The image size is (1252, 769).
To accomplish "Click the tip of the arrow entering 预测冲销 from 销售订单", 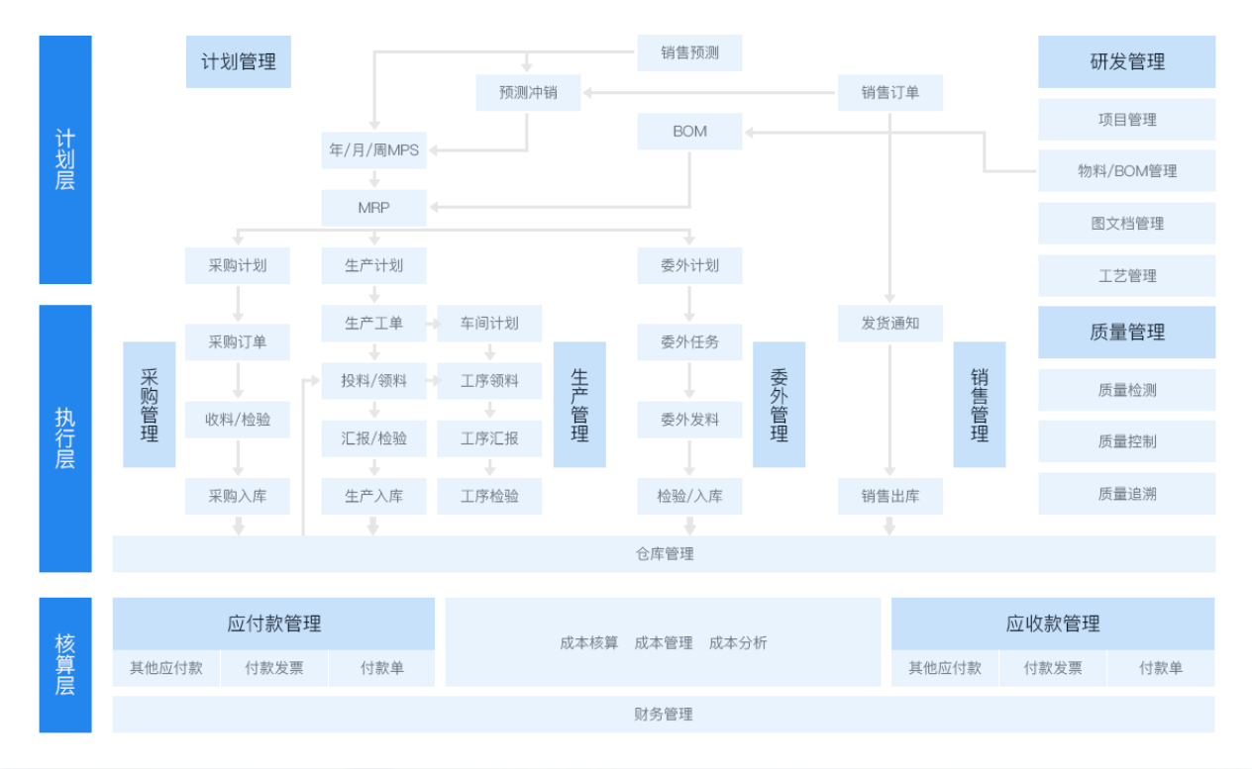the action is pos(583,93).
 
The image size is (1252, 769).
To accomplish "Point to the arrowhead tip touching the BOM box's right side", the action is pos(745,133).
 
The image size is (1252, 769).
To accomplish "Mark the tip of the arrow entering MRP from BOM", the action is pos(429,207).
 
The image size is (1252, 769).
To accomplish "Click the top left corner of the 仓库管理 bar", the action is pos(113,536).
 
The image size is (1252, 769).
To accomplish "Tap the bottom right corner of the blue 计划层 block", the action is pos(92,284).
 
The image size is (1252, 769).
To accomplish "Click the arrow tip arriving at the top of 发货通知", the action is pos(889,303).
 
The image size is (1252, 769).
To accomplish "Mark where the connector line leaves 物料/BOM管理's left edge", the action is pos(1038,171).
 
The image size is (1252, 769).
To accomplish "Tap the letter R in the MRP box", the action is pos(374,208).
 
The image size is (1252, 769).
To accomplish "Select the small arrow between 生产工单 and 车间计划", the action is pos(433,324).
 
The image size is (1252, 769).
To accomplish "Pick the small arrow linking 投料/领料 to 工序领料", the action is pos(433,381).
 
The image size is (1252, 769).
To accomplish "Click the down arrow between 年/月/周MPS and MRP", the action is pos(374,179).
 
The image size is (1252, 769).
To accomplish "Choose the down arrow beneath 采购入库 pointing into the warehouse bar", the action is pos(238,526).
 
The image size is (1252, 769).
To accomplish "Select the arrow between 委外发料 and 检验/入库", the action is pos(689,458).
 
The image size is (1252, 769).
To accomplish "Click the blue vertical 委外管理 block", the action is pos(779,405).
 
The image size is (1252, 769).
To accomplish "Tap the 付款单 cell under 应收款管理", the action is pos(1161,668).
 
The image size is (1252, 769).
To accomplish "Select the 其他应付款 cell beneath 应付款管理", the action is pos(166,668).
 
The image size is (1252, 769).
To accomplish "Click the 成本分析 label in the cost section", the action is pos(738,642).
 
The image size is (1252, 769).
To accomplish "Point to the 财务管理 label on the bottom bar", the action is pos(664,715).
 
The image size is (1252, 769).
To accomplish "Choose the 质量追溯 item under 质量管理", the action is pos(1127,494).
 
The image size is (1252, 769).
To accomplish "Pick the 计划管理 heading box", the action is pos(238,61).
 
